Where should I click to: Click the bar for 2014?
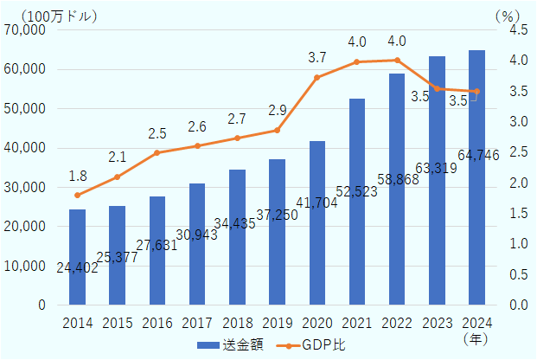[77, 257]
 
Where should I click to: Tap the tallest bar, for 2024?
[476, 177]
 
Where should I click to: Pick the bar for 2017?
[197, 244]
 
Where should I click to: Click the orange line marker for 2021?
[357, 62]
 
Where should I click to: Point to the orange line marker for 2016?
[157, 153]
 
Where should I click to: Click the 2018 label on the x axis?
[237, 324]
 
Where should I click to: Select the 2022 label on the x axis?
[397, 324]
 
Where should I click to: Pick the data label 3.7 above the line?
[316, 58]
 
